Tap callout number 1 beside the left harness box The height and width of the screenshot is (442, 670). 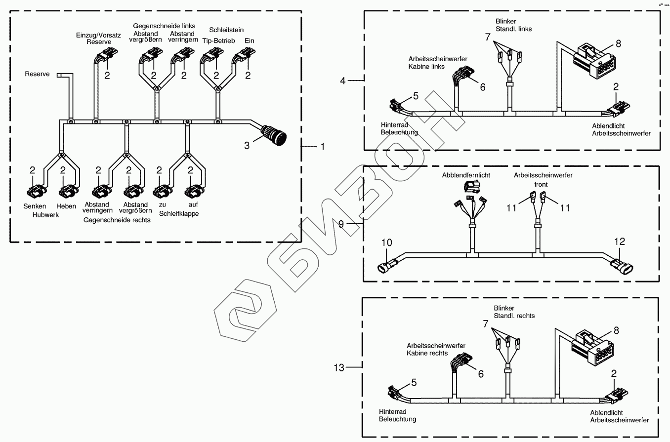322,146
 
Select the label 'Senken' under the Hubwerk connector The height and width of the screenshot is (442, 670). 35,205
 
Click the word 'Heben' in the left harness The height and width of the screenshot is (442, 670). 66,205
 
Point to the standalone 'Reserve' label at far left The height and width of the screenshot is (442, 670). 37,74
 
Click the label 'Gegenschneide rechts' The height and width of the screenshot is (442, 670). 117,220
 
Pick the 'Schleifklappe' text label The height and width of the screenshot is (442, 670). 179,214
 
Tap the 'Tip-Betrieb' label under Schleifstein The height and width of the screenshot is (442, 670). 218,40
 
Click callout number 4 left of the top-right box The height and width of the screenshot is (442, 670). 343,80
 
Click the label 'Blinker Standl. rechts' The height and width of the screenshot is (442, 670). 514,312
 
